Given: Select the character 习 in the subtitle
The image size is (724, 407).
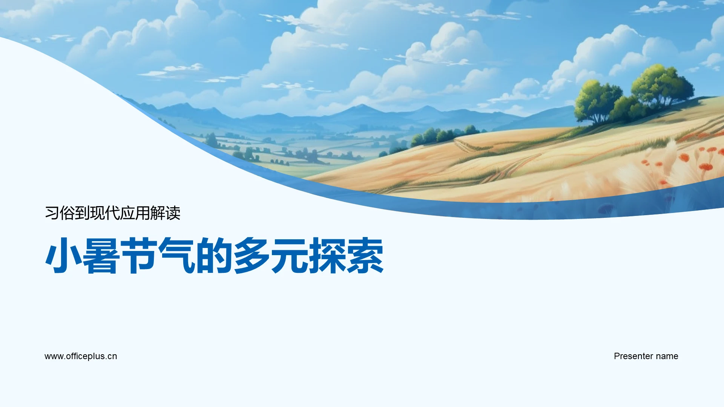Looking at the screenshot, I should [52, 213].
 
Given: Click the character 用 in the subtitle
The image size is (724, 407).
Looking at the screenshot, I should [143, 213].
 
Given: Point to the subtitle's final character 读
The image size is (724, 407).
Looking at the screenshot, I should [173, 213].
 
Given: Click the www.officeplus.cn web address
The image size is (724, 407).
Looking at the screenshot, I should [81, 356].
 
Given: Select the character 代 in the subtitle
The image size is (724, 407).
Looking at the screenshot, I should [112, 213].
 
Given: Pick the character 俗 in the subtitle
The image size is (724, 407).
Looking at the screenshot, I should [67, 213].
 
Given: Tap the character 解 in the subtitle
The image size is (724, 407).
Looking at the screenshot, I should [158, 213].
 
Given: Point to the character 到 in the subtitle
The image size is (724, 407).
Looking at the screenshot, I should [82, 213].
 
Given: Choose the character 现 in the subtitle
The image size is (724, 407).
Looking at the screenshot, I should [97, 213].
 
